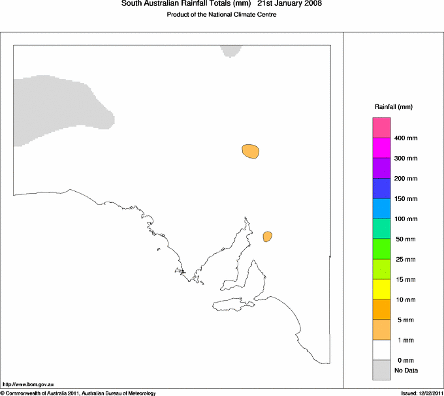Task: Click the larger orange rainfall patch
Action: [251, 151]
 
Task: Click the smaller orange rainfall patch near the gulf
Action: [267, 236]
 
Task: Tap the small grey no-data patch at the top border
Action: [231, 51]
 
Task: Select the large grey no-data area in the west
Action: [59, 108]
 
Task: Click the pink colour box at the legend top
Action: [381, 127]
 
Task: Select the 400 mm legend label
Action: [405, 138]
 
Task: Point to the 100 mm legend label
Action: [405, 219]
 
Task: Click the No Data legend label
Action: [405, 371]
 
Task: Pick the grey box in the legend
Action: [381, 370]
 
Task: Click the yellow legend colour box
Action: [381, 289]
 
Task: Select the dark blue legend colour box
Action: [381, 188]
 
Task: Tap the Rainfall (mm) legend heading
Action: [393, 106]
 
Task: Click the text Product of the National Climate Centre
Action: [221, 14]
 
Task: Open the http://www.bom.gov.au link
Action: [27, 385]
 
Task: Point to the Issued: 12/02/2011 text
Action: [421, 393]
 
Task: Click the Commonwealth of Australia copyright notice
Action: [78, 393]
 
